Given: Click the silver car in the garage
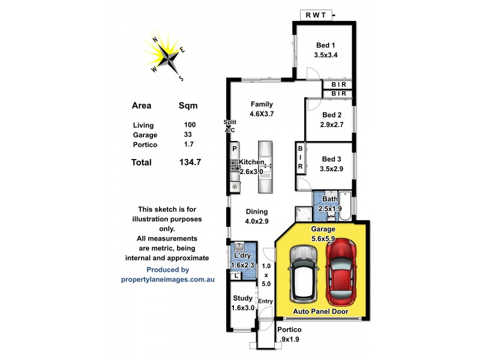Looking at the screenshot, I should [x=303, y=274].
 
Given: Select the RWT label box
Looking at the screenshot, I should [x=316, y=16].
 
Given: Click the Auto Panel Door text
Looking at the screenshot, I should [x=322, y=311].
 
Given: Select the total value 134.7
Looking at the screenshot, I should [x=190, y=162].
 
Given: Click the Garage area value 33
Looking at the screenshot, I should [x=188, y=135].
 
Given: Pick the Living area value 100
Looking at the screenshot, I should [x=190, y=125].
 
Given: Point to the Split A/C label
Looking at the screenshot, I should [x=229, y=125].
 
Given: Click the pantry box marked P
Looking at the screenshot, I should [x=235, y=148].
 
